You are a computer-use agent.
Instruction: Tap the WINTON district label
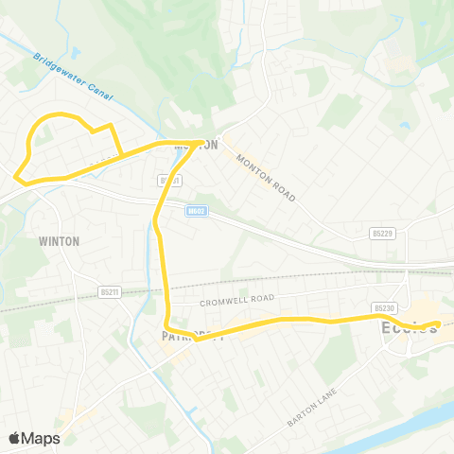click(60, 241)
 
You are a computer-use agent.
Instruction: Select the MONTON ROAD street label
click(267, 178)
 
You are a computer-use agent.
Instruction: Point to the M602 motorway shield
click(196, 210)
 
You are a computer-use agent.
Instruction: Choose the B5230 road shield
click(383, 307)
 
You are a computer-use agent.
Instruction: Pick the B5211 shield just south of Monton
click(170, 179)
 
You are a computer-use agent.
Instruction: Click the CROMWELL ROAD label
click(236, 300)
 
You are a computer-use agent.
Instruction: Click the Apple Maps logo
click(34, 438)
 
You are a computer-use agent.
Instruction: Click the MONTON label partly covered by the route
click(197, 145)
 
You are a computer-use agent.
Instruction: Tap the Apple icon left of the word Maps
click(14, 437)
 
